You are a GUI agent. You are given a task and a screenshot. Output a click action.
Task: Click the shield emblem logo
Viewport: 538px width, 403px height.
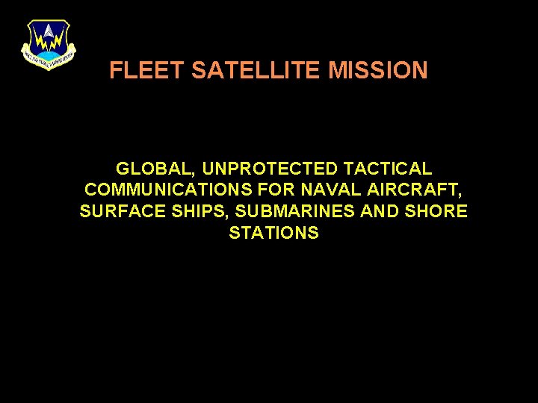pos(49,44)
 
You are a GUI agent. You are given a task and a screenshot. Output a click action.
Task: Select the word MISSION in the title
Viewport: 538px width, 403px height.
pos(378,71)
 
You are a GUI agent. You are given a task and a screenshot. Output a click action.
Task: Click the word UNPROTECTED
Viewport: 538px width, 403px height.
pos(256,169)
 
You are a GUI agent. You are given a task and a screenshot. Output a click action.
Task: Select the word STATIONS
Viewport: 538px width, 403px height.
pos(273,233)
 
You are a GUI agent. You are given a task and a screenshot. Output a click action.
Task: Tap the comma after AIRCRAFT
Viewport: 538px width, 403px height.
pos(458,196)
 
